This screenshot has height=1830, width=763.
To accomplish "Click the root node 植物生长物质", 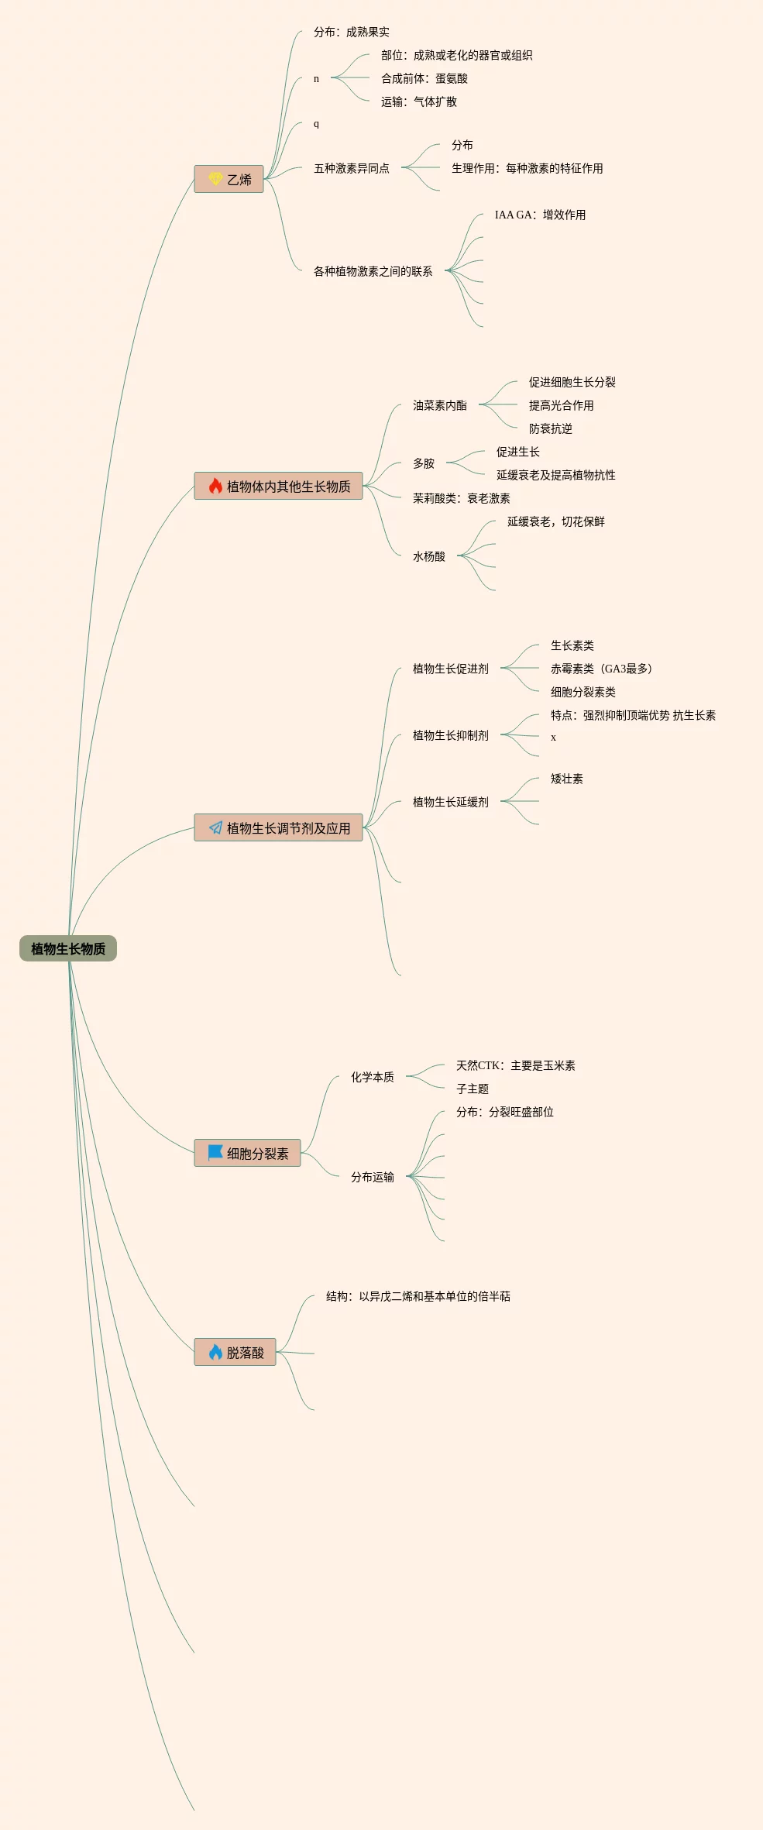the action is [x=68, y=948].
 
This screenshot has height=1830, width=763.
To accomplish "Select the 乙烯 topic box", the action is [x=229, y=179].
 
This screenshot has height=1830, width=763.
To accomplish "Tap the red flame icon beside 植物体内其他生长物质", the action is [x=215, y=486].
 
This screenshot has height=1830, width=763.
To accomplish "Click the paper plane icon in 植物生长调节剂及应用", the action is [x=215, y=827].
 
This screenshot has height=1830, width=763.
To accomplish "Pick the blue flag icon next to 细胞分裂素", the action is [x=215, y=1152].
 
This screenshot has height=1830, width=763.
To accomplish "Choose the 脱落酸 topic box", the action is [x=235, y=1352].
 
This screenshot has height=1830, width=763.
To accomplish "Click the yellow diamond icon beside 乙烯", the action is [x=215, y=179].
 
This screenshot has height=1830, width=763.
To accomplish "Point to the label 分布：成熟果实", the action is [x=351, y=32].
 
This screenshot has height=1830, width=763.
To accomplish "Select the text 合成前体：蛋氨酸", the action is [x=424, y=78].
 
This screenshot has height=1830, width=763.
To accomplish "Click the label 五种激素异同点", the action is [x=351, y=168].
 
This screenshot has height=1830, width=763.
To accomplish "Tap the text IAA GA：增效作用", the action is [x=540, y=215].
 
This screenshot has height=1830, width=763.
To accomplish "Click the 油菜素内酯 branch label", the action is [x=439, y=405].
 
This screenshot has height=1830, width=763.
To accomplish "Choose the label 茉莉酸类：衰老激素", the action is [x=461, y=498].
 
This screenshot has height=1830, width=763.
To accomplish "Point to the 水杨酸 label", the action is [x=428, y=556].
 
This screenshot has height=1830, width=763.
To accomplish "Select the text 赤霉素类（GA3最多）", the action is [x=601, y=669].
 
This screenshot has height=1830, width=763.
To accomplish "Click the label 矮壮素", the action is [x=566, y=779].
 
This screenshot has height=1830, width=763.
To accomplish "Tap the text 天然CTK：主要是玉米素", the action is [x=515, y=1065].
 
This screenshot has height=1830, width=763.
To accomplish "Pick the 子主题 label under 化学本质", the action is [x=472, y=1089].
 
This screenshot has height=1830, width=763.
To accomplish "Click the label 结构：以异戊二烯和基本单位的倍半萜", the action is [x=418, y=1296].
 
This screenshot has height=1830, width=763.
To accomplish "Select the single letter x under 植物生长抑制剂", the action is [x=553, y=737].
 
